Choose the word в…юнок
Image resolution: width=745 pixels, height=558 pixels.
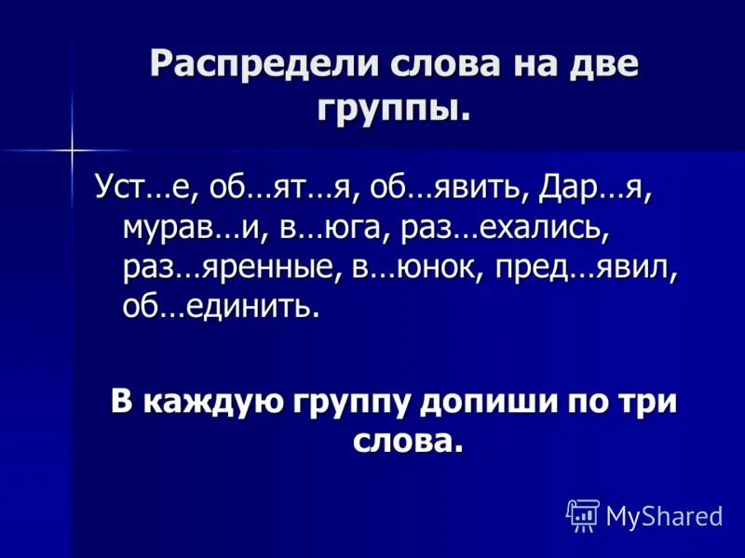412,267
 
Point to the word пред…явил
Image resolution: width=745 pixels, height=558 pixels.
586,267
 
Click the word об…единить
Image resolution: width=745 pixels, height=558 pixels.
220,305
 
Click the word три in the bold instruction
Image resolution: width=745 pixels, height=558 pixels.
649,402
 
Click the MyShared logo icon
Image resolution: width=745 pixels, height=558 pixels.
583,514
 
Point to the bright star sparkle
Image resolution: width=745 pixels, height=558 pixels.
72,148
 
